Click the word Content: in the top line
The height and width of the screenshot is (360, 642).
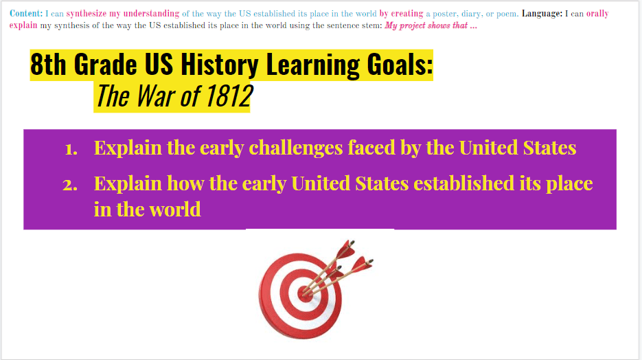(x=26, y=14)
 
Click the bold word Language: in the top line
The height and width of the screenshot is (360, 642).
(x=542, y=14)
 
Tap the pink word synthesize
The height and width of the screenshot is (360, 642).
(x=87, y=14)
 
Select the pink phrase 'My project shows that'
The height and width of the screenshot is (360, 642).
(x=426, y=26)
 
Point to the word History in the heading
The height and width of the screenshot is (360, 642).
(x=220, y=65)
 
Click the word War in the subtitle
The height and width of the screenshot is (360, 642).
(x=155, y=96)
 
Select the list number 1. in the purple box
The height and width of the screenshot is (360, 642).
(x=71, y=148)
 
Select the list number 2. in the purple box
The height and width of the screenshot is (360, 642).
(x=70, y=185)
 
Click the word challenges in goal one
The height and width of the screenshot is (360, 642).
(x=296, y=148)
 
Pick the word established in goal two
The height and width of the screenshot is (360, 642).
(x=463, y=183)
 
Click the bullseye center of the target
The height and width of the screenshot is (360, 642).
(x=305, y=294)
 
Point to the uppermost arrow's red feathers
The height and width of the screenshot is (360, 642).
(x=345, y=249)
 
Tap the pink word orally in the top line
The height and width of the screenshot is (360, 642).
(x=597, y=14)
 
